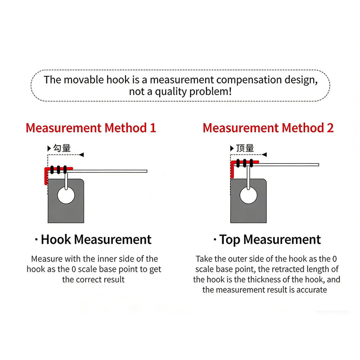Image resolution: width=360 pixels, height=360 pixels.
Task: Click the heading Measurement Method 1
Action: (x=91, y=128)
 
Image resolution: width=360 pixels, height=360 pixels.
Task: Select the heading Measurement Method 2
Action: (x=268, y=128)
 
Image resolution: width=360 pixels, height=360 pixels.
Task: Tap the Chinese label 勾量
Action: (x=62, y=148)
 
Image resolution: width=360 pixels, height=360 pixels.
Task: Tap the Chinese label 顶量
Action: (x=245, y=148)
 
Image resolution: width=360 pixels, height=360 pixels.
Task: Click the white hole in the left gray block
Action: (x=66, y=196)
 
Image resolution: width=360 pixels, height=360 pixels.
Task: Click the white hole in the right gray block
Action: (x=248, y=196)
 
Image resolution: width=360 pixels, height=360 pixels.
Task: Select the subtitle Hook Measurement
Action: (x=96, y=239)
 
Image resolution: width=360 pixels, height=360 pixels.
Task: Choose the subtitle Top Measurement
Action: (x=270, y=239)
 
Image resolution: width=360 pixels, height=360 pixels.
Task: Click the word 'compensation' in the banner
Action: (x=249, y=80)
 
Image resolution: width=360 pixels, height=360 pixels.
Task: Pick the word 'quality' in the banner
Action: (x=171, y=92)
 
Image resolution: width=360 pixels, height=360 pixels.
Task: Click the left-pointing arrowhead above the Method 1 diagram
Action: (x=81, y=155)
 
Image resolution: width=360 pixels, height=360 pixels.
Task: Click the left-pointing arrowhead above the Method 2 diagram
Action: (x=264, y=155)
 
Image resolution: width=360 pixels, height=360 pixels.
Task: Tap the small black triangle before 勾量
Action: (x=49, y=148)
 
